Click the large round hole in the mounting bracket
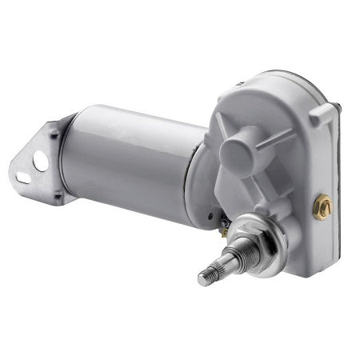(41, 162)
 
